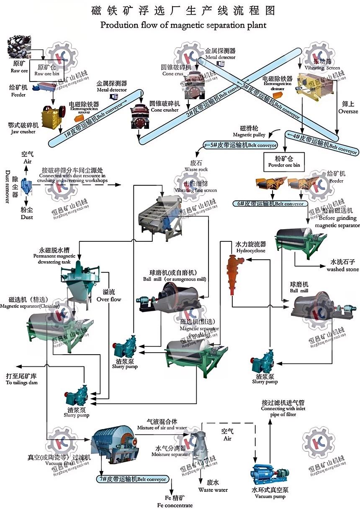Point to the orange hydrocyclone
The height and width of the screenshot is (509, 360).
233,270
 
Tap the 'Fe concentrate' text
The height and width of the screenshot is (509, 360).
175,502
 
